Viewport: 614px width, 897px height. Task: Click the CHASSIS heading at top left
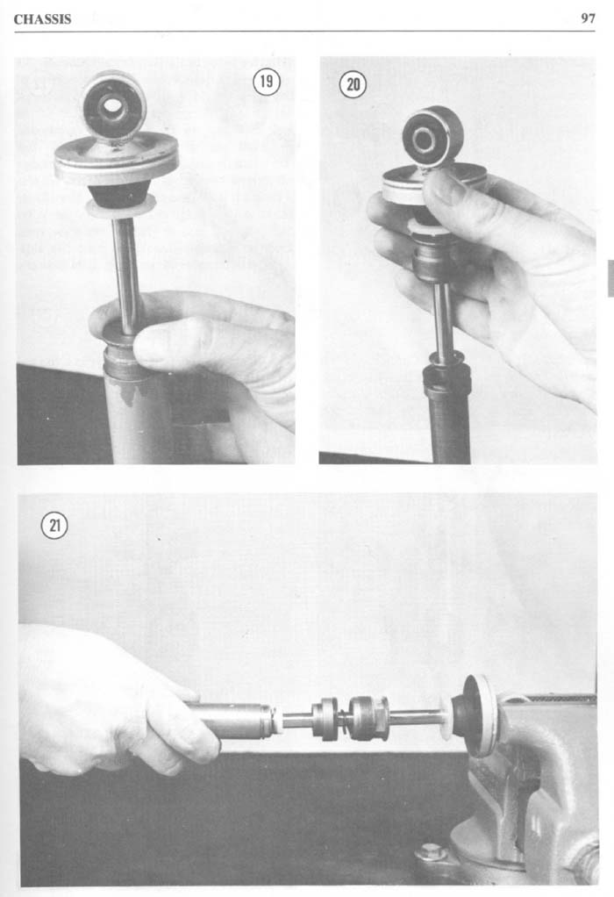(42, 19)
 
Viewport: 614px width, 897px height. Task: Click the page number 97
(589, 18)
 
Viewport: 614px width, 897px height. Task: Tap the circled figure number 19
(267, 82)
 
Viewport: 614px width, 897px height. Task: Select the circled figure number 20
(353, 84)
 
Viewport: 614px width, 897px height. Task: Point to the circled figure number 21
(54, 526)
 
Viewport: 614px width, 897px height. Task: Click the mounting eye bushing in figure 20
(432, 136)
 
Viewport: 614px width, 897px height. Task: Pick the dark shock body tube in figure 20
(447, 411)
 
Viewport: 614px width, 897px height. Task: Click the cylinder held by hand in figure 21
(232, 720)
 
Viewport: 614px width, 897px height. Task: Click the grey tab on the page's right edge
(610, 278)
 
